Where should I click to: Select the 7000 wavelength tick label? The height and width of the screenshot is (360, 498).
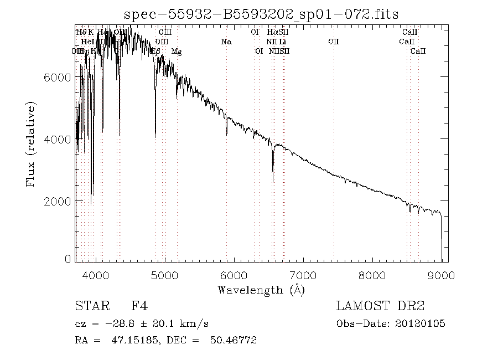pyautogui.click(x=303, y=275)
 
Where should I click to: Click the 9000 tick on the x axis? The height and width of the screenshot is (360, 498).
pyautogui.click(x=441, y=275)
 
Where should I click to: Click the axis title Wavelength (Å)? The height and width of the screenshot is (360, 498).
pyautogui.click(x=261, y=289)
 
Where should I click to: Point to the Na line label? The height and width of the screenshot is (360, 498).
pyautogui.click(x=226, y=42)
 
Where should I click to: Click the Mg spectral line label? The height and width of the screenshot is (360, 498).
pyautogui.click(x=177, y=52)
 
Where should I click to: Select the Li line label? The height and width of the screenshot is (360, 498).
pyautogui.click(x=283, y=42)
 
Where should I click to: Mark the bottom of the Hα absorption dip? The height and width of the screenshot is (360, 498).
pyautogui.click(x=273, y=181)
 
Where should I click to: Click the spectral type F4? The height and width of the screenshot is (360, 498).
pyautogui.click(x=139, y=306)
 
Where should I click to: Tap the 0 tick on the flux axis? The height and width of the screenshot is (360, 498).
pyautogui.click(x=68, y=259)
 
